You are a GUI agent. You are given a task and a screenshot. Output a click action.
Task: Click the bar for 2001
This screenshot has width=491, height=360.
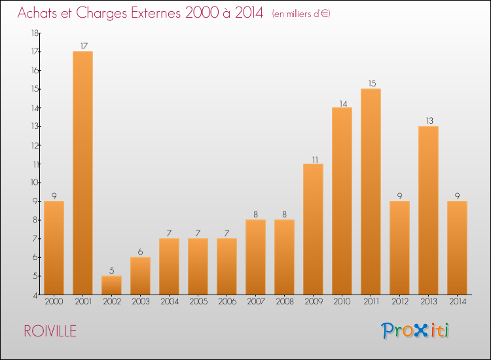[82, 173]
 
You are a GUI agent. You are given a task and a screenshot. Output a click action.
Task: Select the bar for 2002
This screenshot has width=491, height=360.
[111, 285]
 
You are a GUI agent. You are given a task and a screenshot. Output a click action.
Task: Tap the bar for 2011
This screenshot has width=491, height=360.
[371, 191]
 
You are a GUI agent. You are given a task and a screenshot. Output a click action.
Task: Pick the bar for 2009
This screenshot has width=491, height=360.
[313, 229]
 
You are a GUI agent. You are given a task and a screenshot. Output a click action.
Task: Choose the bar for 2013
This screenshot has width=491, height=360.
[428, 210]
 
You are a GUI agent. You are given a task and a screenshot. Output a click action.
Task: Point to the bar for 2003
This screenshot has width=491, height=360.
[140, 276]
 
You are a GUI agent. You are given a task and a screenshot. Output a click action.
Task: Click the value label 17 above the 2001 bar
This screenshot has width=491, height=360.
[82, 46]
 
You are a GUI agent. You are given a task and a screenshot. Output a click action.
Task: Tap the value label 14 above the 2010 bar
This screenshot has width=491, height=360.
[342, 102]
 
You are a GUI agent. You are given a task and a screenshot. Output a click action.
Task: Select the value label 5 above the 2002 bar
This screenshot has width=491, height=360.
[111, 270]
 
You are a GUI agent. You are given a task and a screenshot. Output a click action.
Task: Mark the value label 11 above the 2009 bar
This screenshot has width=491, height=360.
[313, 158]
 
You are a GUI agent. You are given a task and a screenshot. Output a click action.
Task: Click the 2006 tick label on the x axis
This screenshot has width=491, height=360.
[227, 302]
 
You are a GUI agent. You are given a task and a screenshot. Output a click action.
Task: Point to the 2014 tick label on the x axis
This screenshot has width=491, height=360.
[457, 302]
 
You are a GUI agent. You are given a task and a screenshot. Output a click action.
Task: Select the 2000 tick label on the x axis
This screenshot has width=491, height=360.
[54, 302]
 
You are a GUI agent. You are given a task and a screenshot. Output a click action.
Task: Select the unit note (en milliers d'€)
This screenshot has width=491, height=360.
[301, 14]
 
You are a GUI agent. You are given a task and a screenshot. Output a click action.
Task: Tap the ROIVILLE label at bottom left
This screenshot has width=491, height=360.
[50, 331]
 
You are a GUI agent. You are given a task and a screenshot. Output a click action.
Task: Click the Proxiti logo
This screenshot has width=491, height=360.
[416, 331]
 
